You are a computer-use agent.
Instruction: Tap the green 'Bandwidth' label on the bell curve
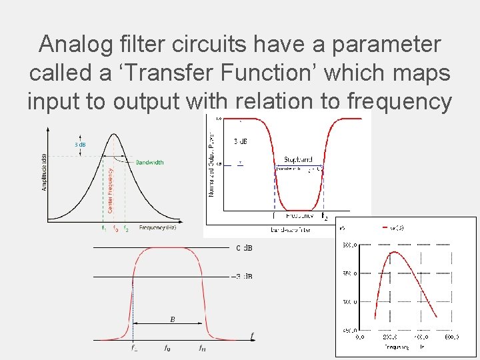149,162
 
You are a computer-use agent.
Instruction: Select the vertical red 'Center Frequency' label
111,190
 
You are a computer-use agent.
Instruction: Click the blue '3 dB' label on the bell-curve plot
79,144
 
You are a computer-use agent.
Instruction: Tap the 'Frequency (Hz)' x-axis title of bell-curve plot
157,228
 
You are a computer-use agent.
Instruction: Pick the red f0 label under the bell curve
115,228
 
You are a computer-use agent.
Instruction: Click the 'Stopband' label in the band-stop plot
297,160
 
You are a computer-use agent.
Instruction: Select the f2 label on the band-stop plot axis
324,217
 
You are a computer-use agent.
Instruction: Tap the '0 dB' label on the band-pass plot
244,248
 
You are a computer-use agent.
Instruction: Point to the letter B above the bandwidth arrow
173,319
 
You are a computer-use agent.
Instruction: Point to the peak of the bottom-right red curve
394,252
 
